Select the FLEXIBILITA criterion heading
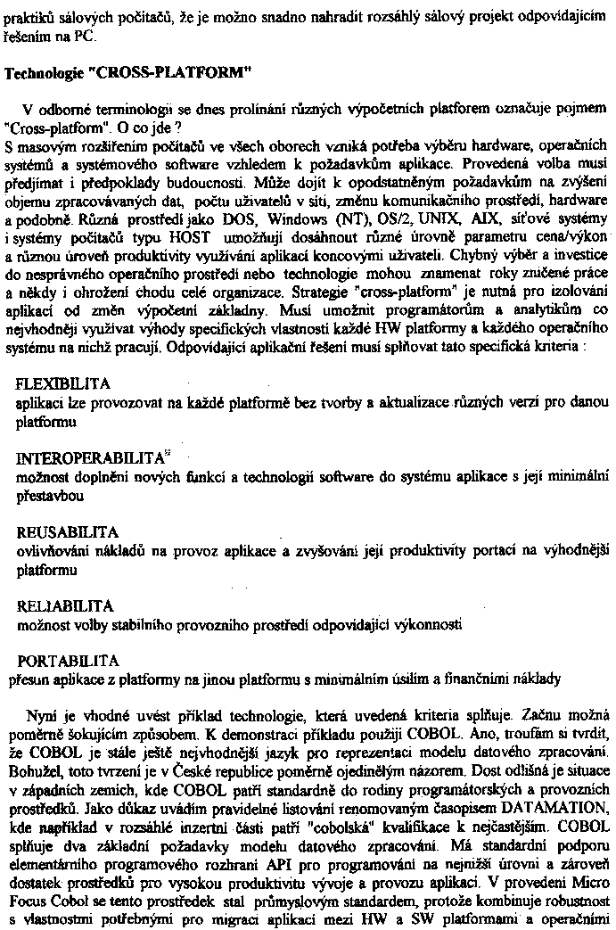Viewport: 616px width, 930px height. pyautogui.click(x=64, y=384)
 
